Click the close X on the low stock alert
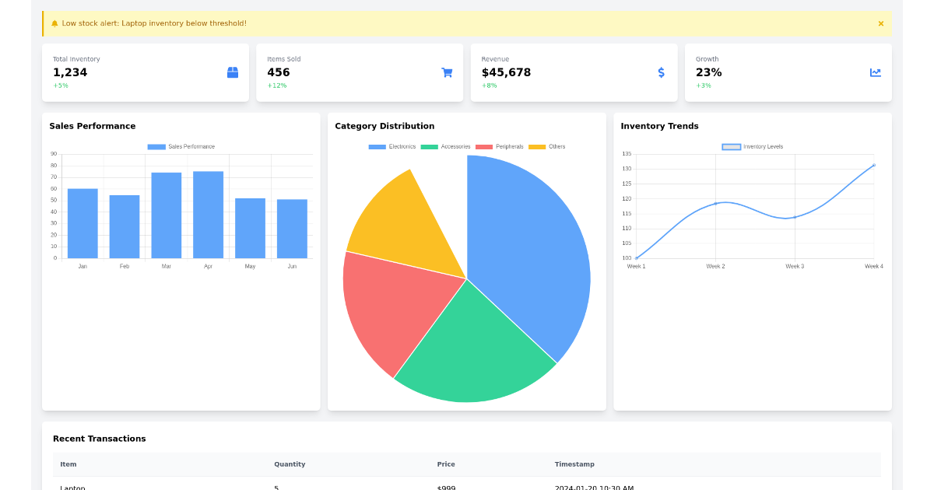[x=880, y=23]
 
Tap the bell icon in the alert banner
[x=54, y=23]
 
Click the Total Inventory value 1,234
[x=70, y=72]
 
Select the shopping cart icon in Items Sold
[x=447, y=72]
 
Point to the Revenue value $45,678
[x=506, y=72]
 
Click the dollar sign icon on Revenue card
[x=661, y=72]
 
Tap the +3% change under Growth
[x=703, y=86]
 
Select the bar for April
[x=208, y=215]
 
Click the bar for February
[x=125, y=226]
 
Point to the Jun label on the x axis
[x=292, y=266]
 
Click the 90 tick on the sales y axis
[x=54, y=154]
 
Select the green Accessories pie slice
[x=475, y=350]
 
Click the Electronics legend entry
[x=392, y=147]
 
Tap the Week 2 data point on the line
[x=715, y=204]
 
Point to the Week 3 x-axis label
[x=795, y=266]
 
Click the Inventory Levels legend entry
[x=753, y=147]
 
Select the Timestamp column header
[x=574, y=464]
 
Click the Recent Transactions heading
[x=99, y=439]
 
